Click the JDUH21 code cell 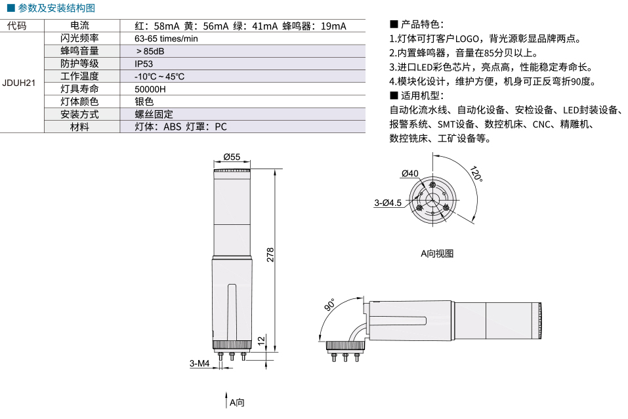tap(19, 83)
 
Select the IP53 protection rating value tap(144, 64)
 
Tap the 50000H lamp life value tap(150, 89)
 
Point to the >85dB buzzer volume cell tap(150, 51)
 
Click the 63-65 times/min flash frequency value tap(166, 39)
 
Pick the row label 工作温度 tap(79, 77)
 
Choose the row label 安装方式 tap(79, 115)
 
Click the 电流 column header tap(79, 26)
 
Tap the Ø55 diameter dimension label tap(232, 157)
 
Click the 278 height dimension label tap(270, 255)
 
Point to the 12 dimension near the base tap(262, 340)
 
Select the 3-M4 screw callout tap(199, 363)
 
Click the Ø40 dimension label tap(409, 173)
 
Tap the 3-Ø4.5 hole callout tap(388, 203)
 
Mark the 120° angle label tap(476, 174)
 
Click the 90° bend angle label tap(329, 304)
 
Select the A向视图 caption tap(437, 254)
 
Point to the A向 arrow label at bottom tap(237, 403)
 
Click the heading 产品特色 tap(417, 24)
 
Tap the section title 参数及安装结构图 tap(52, 8)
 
